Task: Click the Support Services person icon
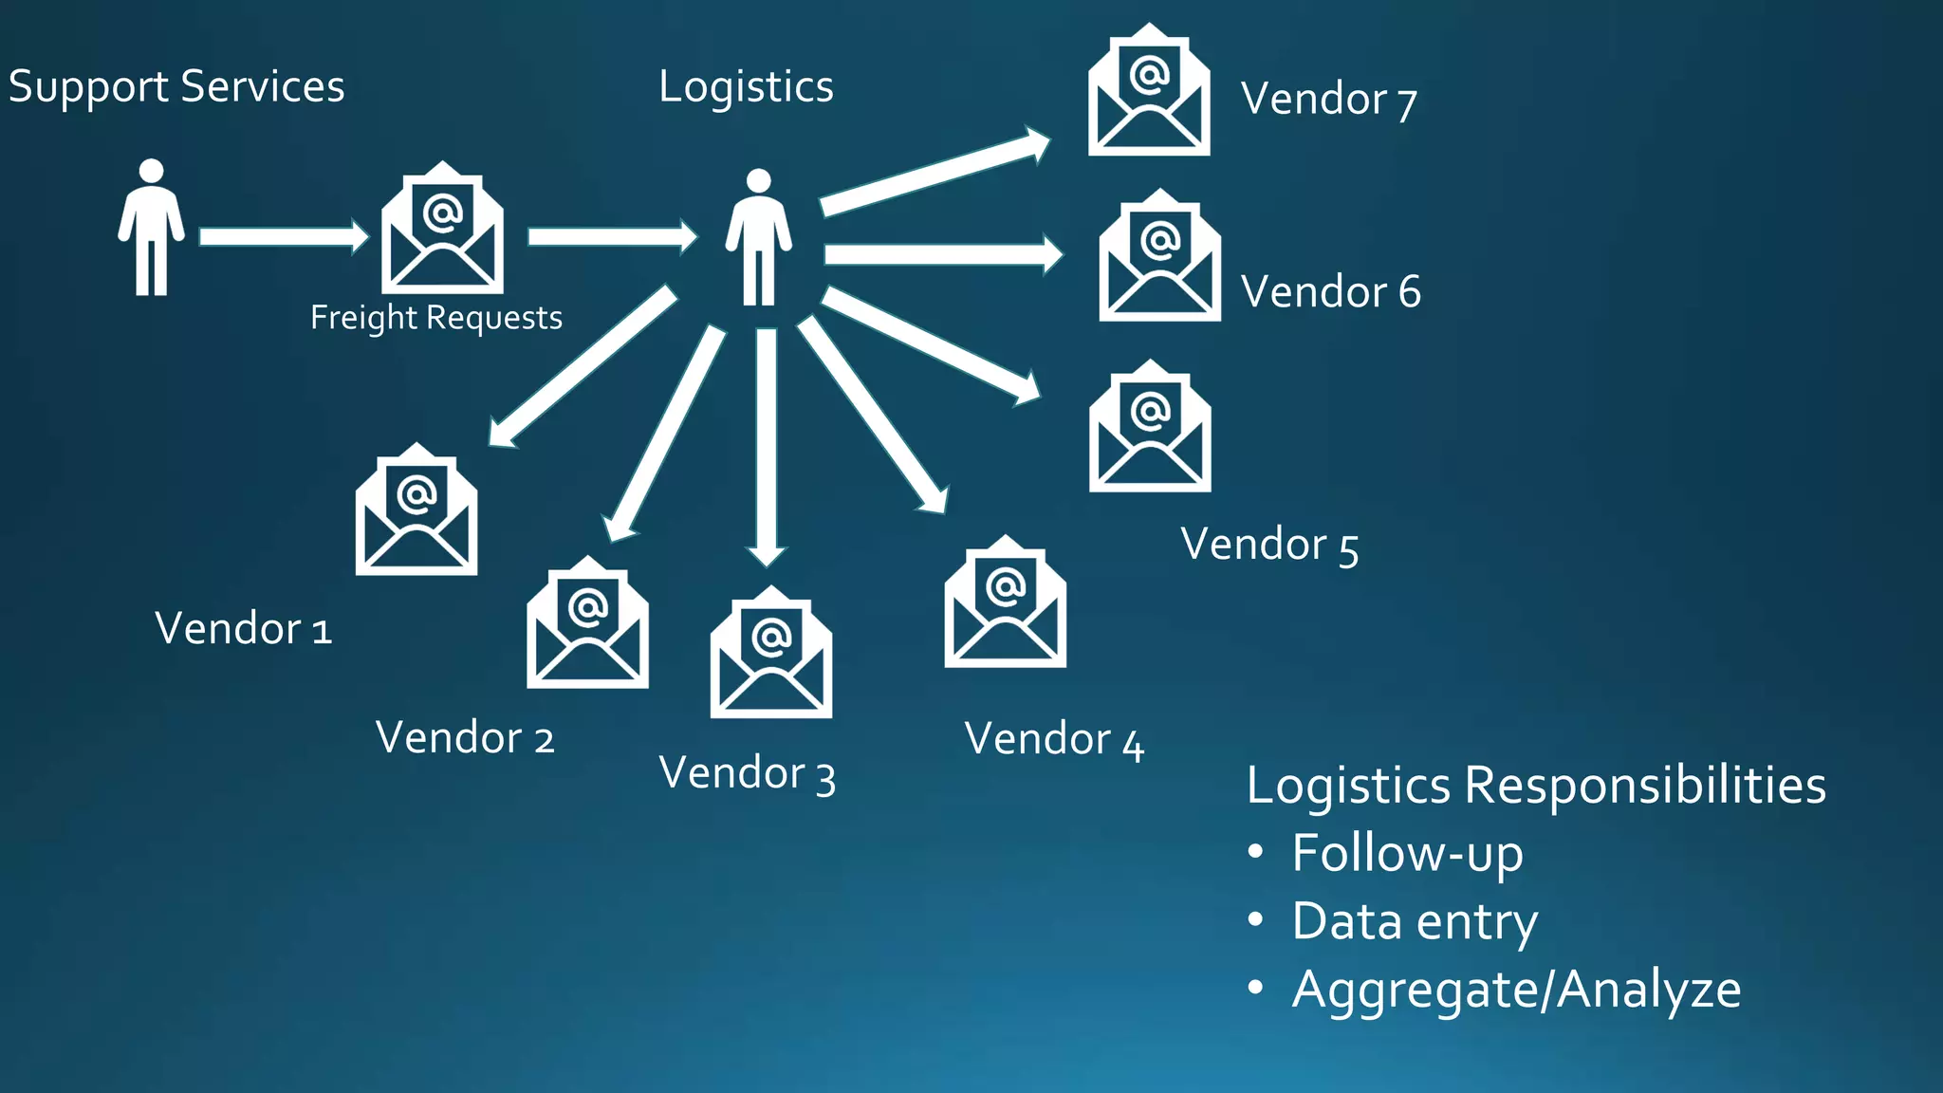click(151, 228)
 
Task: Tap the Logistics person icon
click(758, 237)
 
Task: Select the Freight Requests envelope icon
click(442, 229)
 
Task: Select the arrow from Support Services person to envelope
click(283, 236)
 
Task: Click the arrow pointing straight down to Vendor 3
click(767, 446)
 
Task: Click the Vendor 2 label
click(465, 737)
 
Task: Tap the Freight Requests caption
click(436, 317)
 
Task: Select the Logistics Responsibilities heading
click(1536, 786)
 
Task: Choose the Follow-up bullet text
click(1407, 853)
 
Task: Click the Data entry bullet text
click(1415, 921)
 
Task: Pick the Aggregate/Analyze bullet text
click(1516, 990)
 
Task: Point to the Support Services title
click(176, 87)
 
